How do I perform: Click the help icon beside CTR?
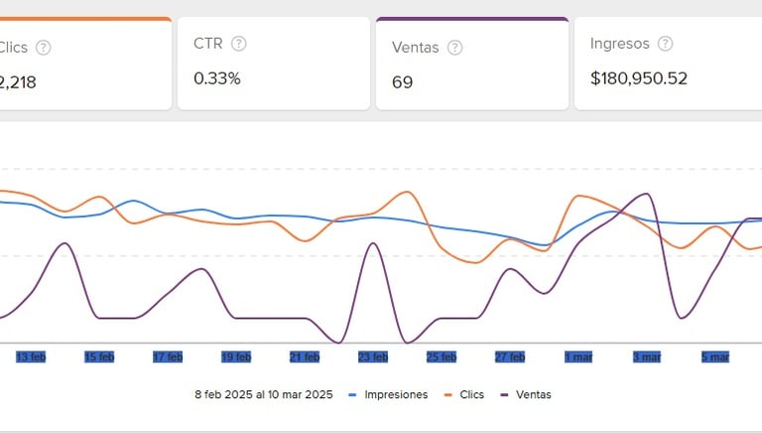[238, 44]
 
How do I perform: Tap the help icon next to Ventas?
[454, 47]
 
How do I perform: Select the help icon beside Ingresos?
[665, 44]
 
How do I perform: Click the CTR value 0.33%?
[217, 78]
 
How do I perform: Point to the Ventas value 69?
[402, 81]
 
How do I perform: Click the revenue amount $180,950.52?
[638, 78]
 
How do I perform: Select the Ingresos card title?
[619, 44]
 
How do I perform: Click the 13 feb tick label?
[31, 357]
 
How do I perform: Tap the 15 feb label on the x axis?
[99, 357]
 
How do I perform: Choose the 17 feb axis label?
[168, 357]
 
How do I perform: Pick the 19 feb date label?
[236, 357]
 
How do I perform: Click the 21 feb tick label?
[305, 357]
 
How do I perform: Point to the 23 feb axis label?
[373, 357]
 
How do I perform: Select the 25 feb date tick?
[442, 357]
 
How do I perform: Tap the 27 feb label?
[510, 357]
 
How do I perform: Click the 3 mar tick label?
[647, 357]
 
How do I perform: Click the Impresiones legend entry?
[395, 394]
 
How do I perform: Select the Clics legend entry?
[471, 394]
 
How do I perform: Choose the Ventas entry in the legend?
[534, 394]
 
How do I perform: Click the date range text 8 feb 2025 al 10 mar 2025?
[264, 394]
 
